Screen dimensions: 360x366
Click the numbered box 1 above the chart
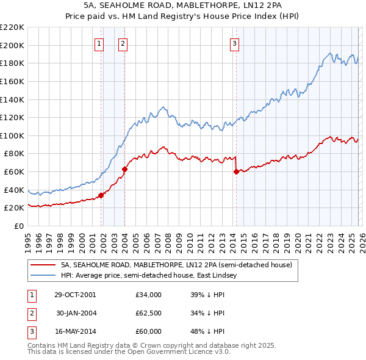click(x=99, y=43)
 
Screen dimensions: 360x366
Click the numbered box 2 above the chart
click(x=123, y=43)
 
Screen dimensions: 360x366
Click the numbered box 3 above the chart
click(x=234, y=43)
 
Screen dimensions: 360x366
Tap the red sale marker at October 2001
click(x=101, y=195)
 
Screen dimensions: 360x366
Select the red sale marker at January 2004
click(x=125, y=169)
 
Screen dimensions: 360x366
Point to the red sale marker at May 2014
click(x=236, y=171)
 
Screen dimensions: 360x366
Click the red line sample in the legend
click(x=43, y=265)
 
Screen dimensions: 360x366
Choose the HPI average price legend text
click(x=152, y=276)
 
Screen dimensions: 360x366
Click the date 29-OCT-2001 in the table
click(x=74, y=294)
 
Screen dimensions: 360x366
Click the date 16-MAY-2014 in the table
click(x=74, y=333)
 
